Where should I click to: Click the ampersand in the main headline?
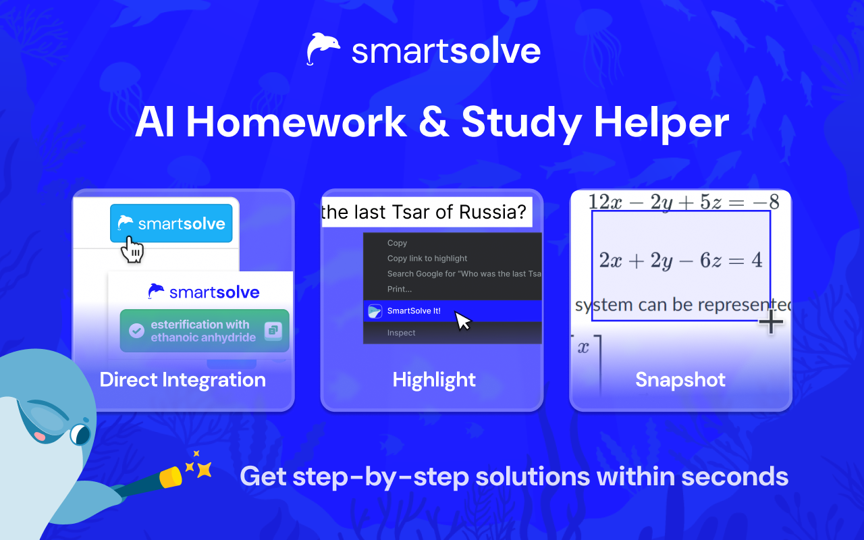click(434, 122)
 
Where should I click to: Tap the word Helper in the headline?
click(661, 124)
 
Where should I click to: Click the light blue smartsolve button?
click(171, 223)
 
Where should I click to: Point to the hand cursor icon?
click(132, 250)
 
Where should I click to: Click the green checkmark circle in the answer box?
click(136, 331)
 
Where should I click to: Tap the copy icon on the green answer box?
click(273, 331)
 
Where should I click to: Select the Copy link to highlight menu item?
click(427, 259)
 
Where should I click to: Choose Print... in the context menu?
click(399, 289)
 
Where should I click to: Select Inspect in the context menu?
click(401, 333)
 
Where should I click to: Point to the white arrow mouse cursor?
click(463, 321)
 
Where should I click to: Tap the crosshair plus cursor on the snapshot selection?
click(771, 321)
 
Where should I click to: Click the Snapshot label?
click(680, 379)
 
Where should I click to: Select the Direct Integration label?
click(183, 379)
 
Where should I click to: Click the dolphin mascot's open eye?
click(80, 434)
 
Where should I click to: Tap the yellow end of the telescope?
click(171, 478)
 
